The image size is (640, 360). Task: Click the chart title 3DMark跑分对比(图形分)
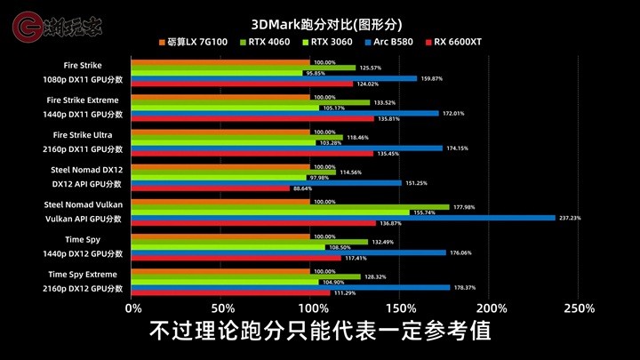(326, 25)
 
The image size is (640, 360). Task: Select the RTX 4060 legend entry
(265, 42)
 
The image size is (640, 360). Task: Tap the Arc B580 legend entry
(389, 42)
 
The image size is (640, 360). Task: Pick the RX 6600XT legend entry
(453, 42)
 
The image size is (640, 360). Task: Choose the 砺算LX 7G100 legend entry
(193, 42)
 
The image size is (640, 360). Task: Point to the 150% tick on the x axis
(401, 308)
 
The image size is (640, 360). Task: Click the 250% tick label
(580, 308)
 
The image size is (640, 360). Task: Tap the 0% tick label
(133, 308)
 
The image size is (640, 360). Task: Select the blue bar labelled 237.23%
(343, 218)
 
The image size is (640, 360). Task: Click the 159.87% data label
(431, 78)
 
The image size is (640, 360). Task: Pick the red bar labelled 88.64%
(210, 188)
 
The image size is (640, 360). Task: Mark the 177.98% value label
(464, 207)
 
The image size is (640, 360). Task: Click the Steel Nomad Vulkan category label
(84, 204)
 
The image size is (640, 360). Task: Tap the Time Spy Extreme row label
(83, 275)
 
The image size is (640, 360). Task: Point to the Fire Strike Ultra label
(83, 135)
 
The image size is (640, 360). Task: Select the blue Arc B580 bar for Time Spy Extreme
(291, 288)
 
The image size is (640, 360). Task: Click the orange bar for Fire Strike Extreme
(220, 97)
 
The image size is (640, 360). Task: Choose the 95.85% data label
(316, 74)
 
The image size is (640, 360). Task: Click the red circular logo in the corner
(27, 27)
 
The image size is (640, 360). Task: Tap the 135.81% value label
(388, 119)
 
